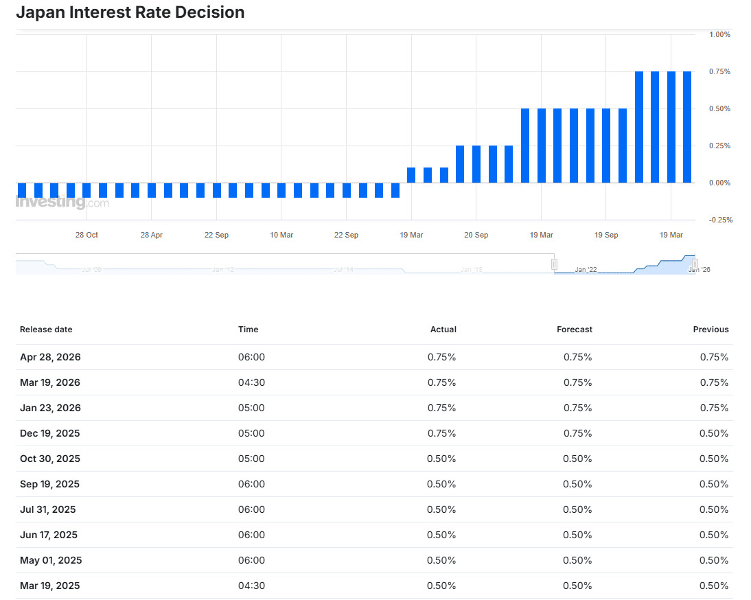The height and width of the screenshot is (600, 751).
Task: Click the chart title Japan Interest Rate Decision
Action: click(x=130, y=12)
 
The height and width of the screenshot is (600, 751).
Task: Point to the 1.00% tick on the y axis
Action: click(x=719, y=34)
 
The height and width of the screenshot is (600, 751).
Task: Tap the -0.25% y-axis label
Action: click(x=721, y=220)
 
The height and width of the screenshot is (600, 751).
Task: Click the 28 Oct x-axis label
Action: click(x=86, y=235)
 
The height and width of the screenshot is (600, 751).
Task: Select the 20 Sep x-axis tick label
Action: click(x=476, y=235)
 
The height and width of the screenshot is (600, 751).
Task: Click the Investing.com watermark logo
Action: click(x=62, y=202)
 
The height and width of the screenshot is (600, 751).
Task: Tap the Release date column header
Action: click(x=46, y=330)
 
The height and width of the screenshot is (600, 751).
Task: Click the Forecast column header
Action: click(x=575, y=330)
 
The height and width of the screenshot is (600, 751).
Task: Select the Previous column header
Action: click(x=710, y=330)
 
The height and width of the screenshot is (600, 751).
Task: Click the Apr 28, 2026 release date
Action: click(x=50, y=357)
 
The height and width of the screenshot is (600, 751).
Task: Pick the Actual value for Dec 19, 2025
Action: click(x=441, y=433)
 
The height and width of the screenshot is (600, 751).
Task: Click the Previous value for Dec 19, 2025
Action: click(x=714, y=433)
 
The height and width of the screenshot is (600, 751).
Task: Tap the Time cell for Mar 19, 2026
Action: click(x=251, y=382)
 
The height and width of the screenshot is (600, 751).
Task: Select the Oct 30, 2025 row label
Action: click(x=50, y=459)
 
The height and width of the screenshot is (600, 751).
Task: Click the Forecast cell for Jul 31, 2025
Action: click(x=577, y=509)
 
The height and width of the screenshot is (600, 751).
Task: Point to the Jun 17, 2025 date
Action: click(x=48, y=535)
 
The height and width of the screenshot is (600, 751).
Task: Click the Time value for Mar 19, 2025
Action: click(x=251, y=586)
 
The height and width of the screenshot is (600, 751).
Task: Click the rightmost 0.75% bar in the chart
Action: click(x=687, y=127)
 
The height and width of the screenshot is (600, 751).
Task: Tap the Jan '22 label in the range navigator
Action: click(x=586, y=270)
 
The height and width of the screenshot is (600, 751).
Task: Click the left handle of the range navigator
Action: click(x=554, y=264)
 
